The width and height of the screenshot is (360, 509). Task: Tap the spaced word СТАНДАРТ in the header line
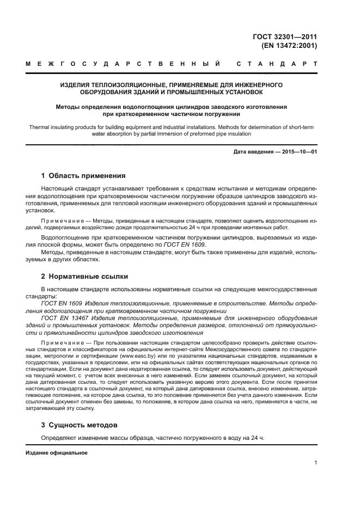click(x=276, y=64)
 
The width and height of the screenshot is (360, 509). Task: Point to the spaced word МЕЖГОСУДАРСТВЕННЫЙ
click(x=123, y=64)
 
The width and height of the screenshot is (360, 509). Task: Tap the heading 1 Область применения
click(x=83, y=176)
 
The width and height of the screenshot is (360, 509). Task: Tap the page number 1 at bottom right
click(x=315, y=463)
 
